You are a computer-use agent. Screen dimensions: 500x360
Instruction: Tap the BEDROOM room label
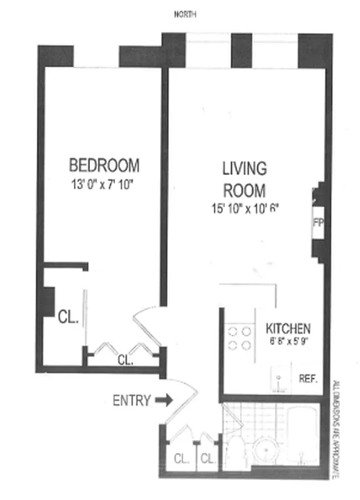pos(104,166)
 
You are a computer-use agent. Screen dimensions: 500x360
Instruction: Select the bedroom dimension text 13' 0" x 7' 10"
pos(103,185)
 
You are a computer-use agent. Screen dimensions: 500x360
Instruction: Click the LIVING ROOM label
pos(244,179)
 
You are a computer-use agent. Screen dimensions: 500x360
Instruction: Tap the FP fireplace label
pos(316,223)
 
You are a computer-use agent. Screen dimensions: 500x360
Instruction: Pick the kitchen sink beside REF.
pos(279,379)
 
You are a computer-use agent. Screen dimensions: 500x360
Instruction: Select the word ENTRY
pos(131,401)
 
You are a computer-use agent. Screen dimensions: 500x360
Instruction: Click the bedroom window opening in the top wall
pos(101,56)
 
